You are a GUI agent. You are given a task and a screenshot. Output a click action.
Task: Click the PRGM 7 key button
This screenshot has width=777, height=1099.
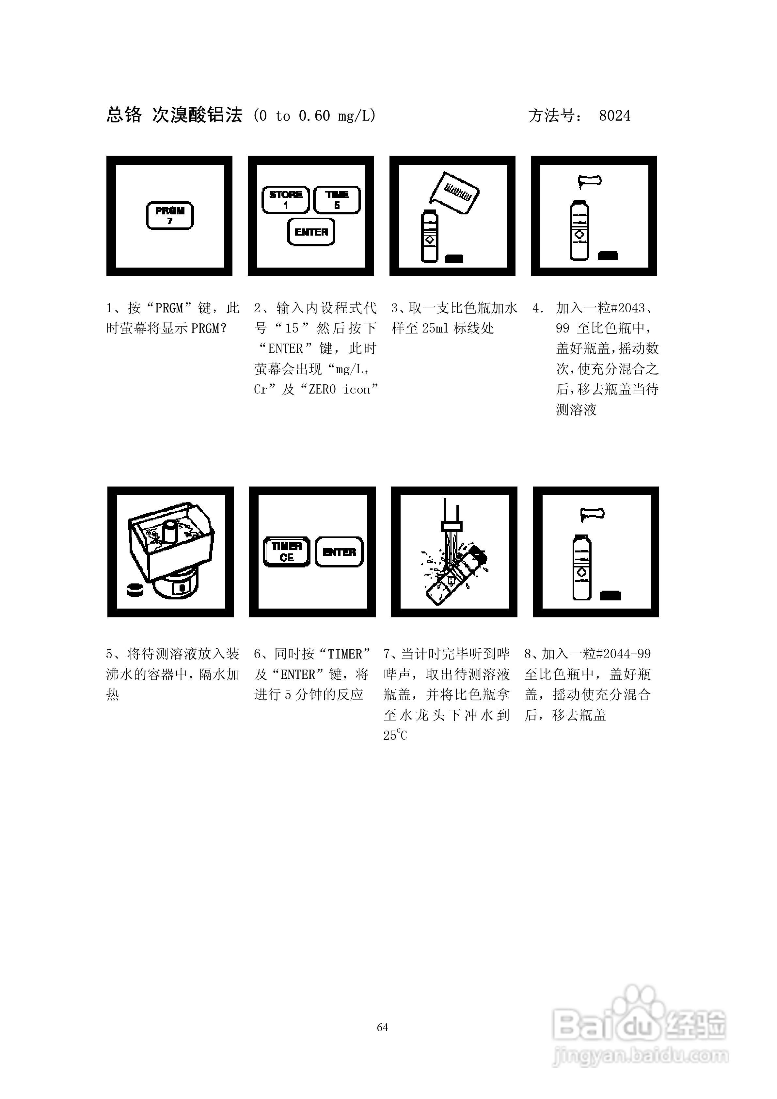click(x=169, y=215)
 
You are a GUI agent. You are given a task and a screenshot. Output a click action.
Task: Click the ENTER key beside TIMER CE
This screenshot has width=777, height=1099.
click(x=339, y=552)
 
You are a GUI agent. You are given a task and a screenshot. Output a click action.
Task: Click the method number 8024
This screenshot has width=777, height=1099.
click(x=615, y=116)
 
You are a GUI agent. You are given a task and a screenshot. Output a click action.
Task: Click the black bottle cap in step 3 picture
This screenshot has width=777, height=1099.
click(x=454, y=258)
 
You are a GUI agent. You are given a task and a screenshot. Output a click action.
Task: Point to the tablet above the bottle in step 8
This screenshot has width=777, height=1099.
click(x=592, y=514)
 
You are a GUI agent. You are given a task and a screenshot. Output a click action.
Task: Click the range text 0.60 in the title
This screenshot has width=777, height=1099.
click(x=314, y=116)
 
